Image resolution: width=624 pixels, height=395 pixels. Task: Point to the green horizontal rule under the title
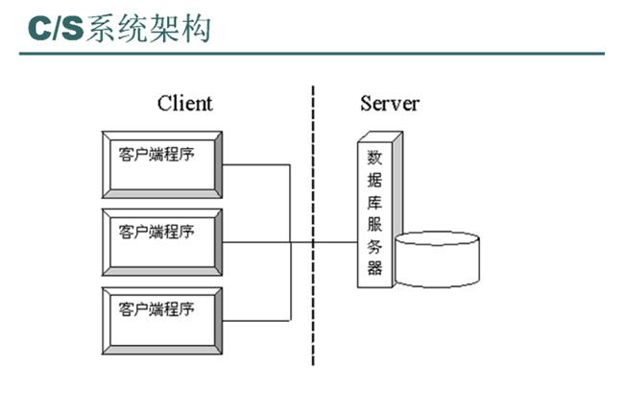point(312,53)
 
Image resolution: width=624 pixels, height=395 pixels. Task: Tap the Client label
point(184,103)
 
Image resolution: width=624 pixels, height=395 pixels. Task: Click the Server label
point(390,103)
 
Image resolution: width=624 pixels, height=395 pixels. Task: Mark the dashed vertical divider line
point(313,221)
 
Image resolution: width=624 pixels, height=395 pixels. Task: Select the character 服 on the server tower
point(374,223)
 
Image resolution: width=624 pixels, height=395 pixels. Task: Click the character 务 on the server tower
point(374,245)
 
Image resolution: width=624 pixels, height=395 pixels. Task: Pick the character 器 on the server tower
point(374,267)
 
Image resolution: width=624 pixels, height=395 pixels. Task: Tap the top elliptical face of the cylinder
point(437,239)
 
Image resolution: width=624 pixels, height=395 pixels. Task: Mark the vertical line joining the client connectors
point(290,242)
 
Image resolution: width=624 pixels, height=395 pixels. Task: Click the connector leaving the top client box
point(256,164)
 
